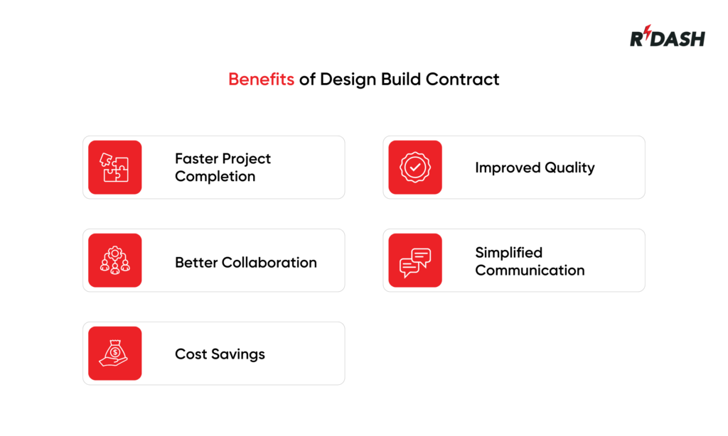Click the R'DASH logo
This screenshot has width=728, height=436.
pos(667,38)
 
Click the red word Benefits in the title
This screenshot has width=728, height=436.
pos(261,79)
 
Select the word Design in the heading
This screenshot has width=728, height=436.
pos(346,79)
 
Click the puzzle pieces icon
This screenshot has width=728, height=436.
pos(115,168)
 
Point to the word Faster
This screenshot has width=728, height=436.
pos(197,158)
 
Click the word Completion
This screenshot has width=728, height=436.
pos(215,176)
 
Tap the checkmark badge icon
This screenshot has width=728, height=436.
pos(415,168)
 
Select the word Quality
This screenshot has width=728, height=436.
pos(569,168)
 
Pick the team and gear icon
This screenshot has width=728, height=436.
pos(115,261)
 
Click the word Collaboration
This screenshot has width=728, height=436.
pos(269,262)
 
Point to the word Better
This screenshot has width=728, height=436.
pos(197,262)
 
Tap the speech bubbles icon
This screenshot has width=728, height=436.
pos(415,261)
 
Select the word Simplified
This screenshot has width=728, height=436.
pos(508,253)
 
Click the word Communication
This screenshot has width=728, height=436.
pos(530,270)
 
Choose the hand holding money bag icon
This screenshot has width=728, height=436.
pos(115,354)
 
